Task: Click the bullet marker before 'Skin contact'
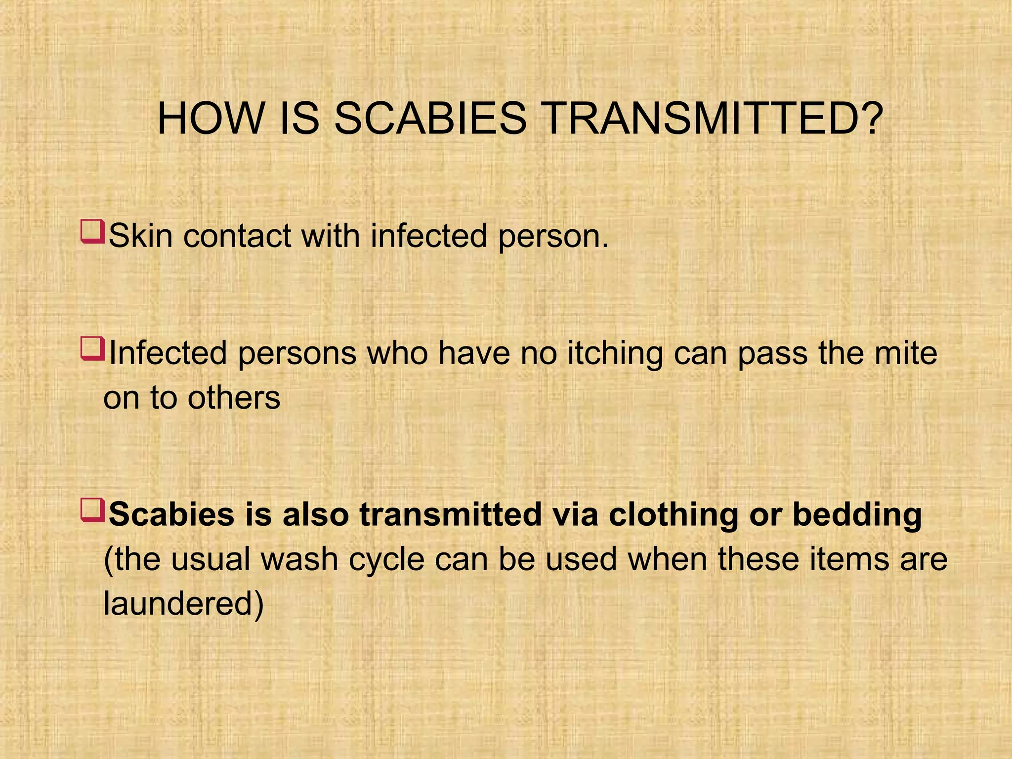pyautogui.click(x=92, y=232)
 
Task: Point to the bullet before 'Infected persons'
pyautogui.click(x=92, y=348)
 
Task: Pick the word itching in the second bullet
pyautogui.click(x=615, y=353)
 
